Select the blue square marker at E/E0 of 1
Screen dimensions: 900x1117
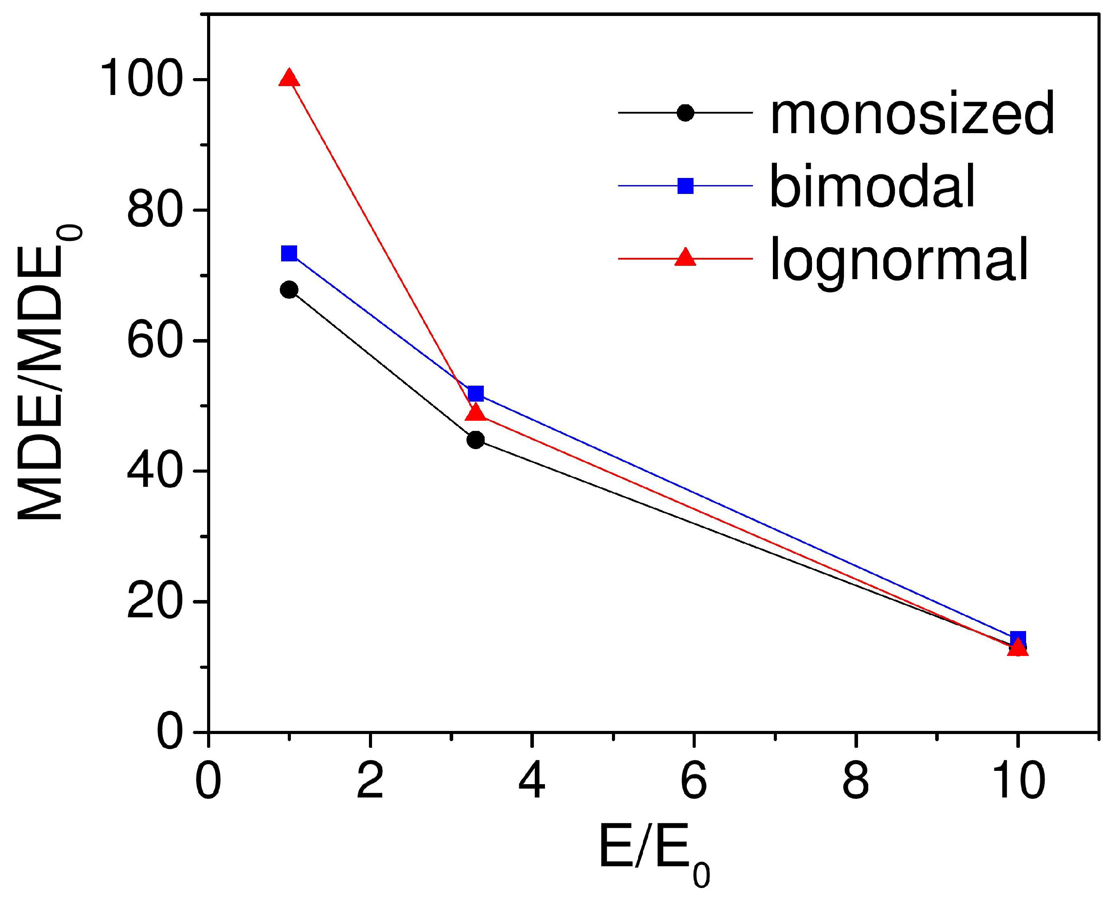(x=289, y=253)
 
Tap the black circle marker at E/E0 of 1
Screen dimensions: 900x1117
(x=289, y=289)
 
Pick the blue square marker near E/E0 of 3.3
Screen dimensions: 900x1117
(x=475, y=394)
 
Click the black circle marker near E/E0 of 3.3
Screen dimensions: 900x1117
(x=475, y=440)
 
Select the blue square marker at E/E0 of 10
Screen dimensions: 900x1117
(x=1018, y=639)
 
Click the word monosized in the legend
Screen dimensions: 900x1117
(x=912, y=113)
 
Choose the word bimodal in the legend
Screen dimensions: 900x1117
(x=873, y=186)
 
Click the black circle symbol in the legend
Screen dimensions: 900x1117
(x=685, y=113)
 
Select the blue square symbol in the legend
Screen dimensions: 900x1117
(x=685, y=186)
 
